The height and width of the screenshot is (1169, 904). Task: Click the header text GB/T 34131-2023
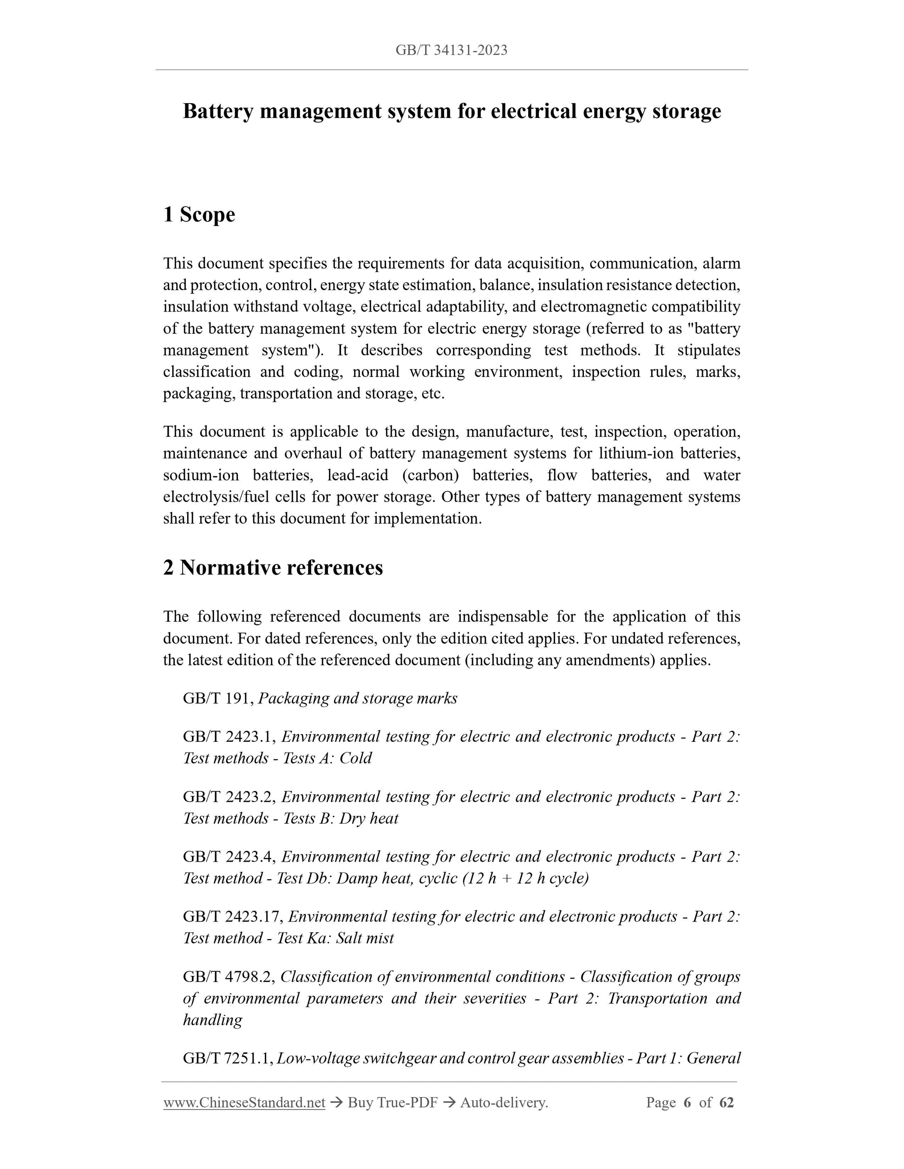point(452,50)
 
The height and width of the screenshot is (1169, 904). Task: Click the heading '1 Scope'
point(199,214)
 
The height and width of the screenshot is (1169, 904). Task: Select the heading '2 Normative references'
point(273,568)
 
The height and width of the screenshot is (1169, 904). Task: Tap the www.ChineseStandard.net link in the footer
point(244,1102)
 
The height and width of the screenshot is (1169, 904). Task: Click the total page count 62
point(726,1102)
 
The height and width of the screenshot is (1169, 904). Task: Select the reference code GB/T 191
point(218,699)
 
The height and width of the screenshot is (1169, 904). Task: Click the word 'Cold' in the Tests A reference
point(355,759)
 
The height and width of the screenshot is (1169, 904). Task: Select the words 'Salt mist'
point(365,938)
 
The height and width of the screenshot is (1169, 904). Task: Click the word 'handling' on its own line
point(213,1020)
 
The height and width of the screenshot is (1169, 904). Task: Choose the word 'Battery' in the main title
point(217,111)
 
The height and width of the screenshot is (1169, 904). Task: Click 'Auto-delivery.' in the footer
point(504,1102)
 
